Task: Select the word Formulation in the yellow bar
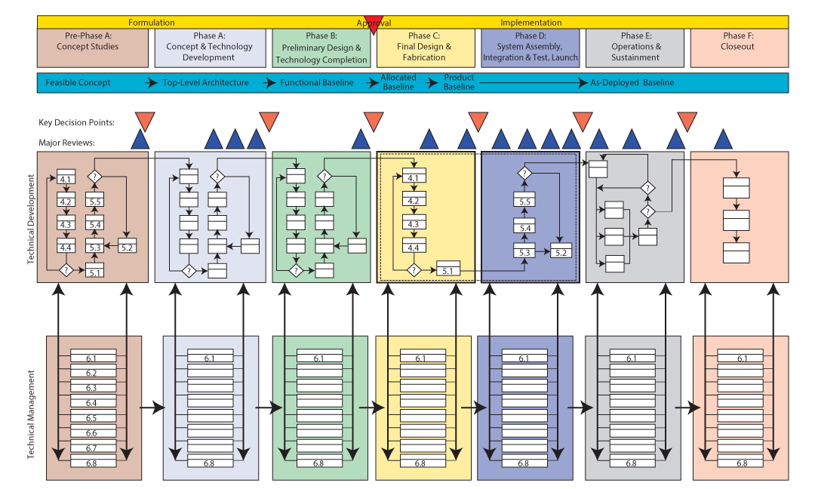[152, 23]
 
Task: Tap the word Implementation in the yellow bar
[531, 23]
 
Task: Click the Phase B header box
[321, 48]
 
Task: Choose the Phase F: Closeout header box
[739, 47]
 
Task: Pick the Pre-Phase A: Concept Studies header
[88, 47]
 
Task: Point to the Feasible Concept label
[78, 83]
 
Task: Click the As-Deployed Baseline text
[632, 83]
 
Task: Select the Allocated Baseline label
[398, 82]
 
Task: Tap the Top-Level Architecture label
[206, 83]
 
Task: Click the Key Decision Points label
[77, 122]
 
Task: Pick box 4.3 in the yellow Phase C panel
[412, 224]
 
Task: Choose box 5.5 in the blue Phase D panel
[524, 201]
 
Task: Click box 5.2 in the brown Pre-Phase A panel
[127, 247]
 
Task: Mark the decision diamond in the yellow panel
[413, 269]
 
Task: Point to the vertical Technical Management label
[31, 415]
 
